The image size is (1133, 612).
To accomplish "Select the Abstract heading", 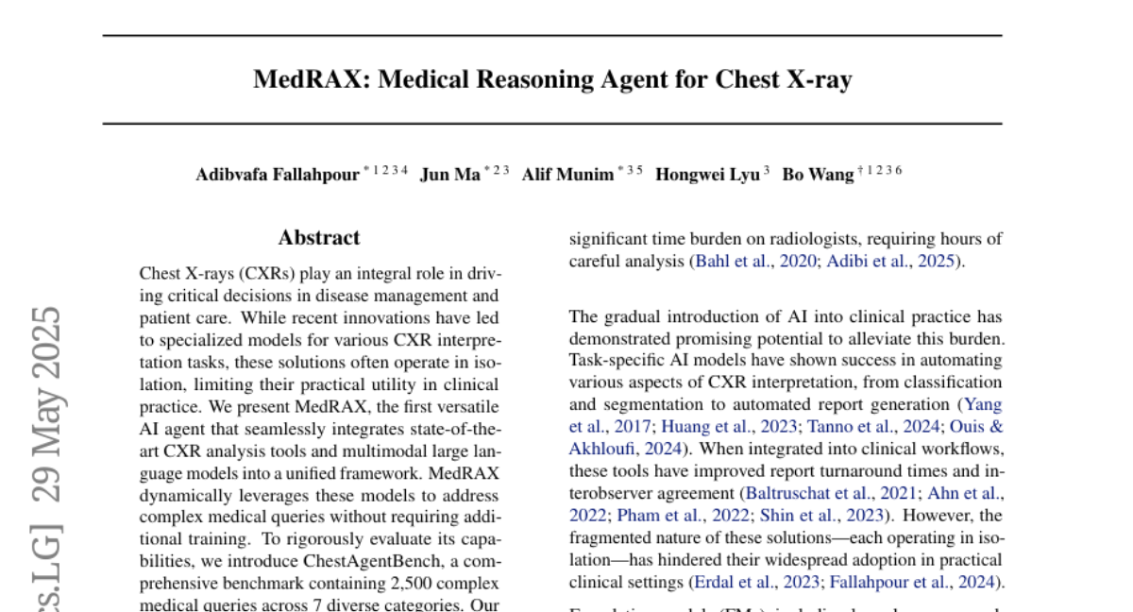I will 319,238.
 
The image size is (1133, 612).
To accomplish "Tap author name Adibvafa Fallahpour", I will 278,175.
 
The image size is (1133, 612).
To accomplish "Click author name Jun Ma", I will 450,175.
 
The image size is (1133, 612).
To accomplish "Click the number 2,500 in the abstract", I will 360,583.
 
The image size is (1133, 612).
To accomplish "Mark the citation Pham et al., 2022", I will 678,516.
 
